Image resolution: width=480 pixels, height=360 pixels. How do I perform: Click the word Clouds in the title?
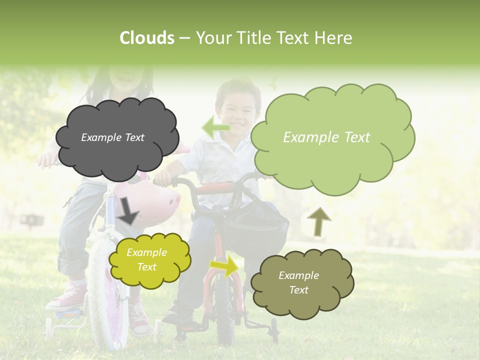[x=147, y=38]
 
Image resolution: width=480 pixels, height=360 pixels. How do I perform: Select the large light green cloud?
[x=330, y=137]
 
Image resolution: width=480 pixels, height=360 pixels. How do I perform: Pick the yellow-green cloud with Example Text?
[x=149, y=260]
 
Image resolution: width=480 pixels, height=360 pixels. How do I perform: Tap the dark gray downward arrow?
[x=128, y=210]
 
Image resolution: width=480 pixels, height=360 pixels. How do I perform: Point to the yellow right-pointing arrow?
[x=224, y=266]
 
